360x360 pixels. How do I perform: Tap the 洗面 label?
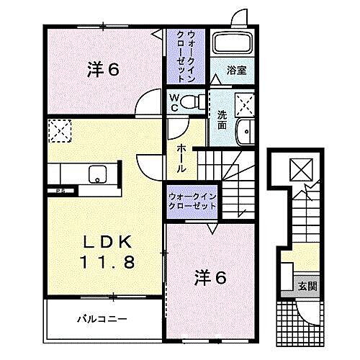point(222,119)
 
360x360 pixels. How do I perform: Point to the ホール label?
point(182,157)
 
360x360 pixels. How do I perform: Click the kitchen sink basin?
point(96,174)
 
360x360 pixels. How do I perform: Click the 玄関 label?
point(307,286)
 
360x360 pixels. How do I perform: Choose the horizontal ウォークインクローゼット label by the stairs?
point(192,200)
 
